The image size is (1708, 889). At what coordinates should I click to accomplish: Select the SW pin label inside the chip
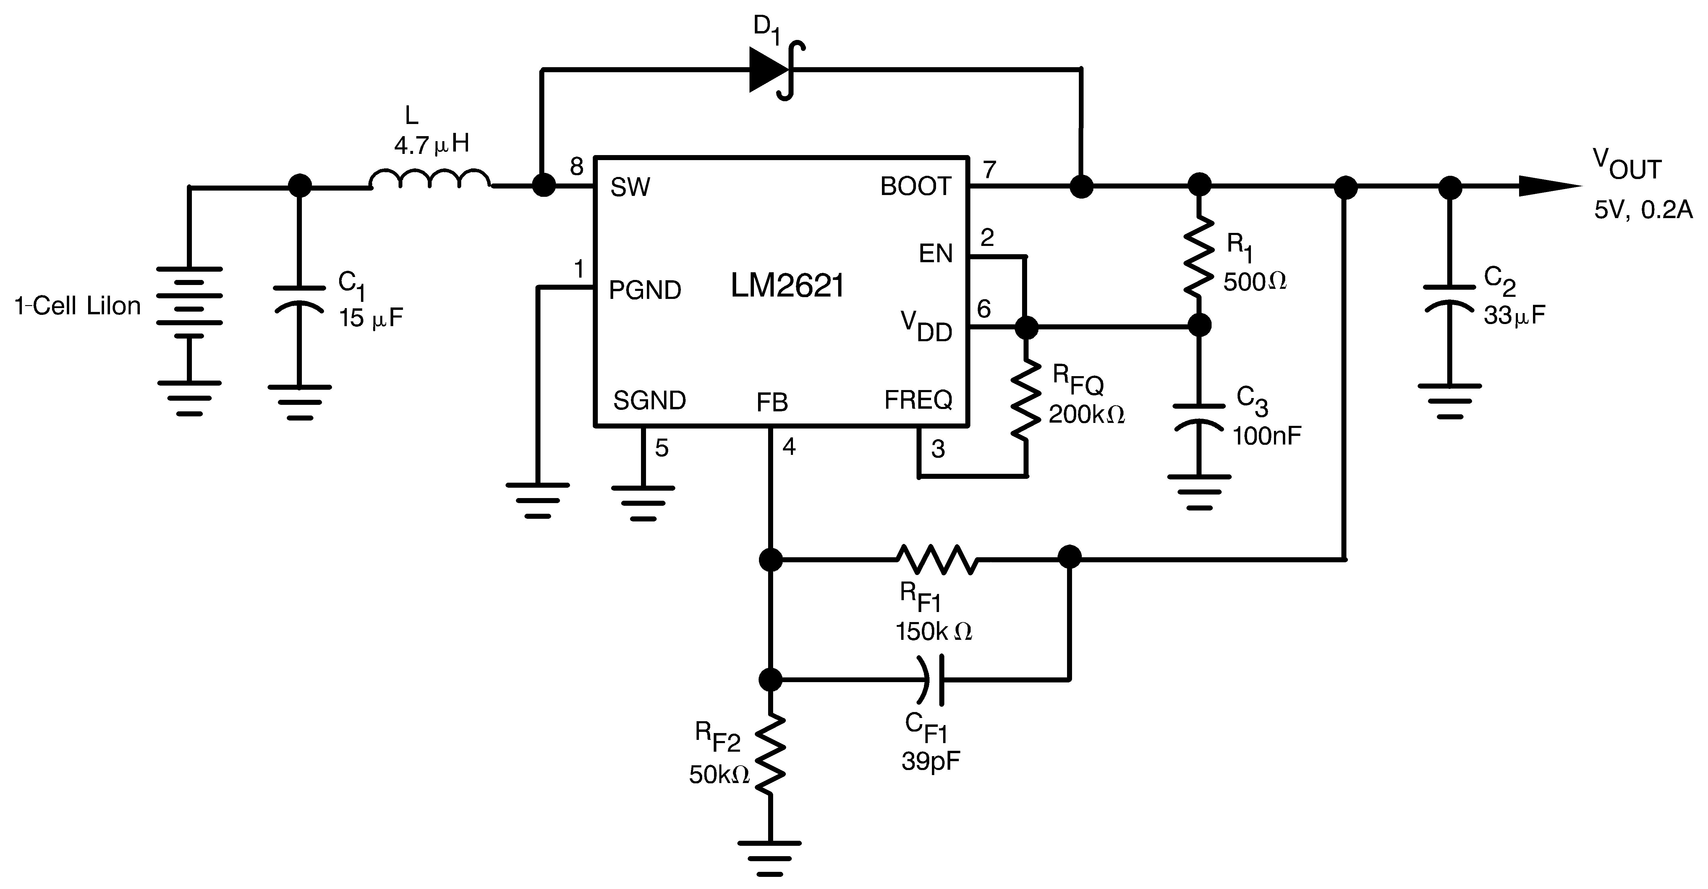630,188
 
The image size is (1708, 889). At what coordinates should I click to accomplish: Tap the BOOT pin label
916,187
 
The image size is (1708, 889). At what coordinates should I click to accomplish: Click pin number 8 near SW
577,166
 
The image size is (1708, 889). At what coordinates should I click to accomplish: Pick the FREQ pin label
918,400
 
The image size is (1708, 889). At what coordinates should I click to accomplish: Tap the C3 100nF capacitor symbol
1199,418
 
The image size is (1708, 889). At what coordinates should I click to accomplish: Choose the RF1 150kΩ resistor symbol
936,559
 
